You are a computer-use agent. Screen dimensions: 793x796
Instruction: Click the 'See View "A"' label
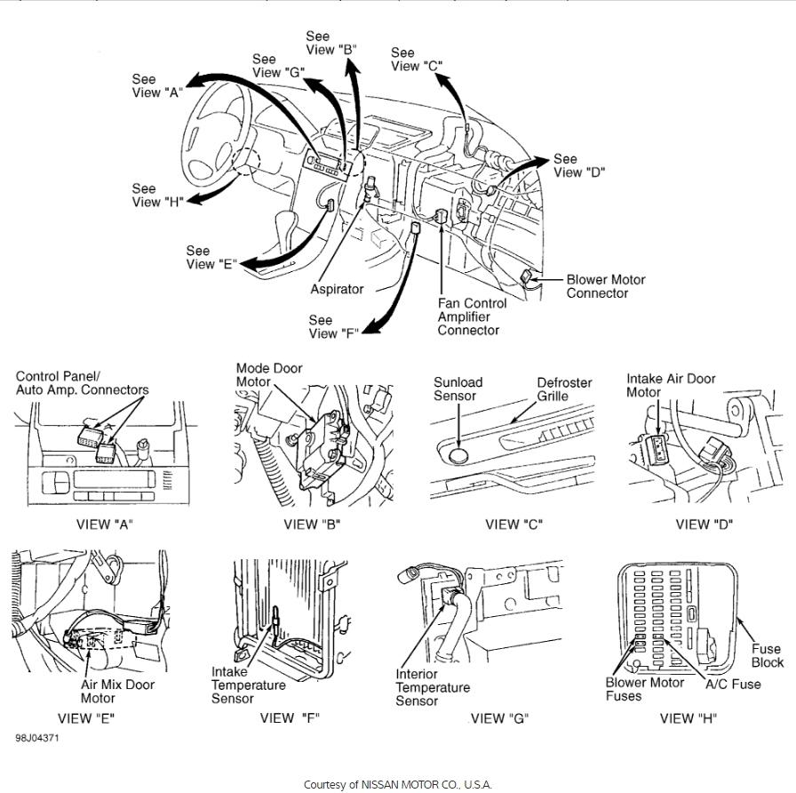pyautogui.click(x=156, y=85)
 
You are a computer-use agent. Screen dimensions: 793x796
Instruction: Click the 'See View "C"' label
pyautogui.click(x=416, y=60)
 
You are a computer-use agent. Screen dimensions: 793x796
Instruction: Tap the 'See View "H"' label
pyautogui.click(x=157, y=195)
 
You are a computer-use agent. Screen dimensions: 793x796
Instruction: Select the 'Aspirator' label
pyautogui.click(x=337, y=289)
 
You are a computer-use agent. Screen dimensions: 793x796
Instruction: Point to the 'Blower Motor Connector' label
pyautogui.click(x=606, y=286)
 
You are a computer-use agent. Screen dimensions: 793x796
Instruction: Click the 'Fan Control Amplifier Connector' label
pyautogui.click(x=473, y=316)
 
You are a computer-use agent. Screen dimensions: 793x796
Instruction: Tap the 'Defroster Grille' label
pyautogui.click(x=564, y=389)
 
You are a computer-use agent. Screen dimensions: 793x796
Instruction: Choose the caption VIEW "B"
pyautogui.click(x=312, y=525)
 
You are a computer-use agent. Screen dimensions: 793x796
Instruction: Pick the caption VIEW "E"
pyautogui.click(x=86, y=718)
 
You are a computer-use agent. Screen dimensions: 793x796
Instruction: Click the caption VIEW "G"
pyautogui.click(x=499, y=718)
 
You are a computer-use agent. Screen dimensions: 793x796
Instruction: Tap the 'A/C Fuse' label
pyautogui.click(x=733, y=685)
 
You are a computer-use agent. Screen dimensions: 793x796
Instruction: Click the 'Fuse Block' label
pyautogui.click(x=767, y=655)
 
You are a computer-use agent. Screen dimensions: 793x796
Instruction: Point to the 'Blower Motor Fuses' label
pyautogui.click(x=645, y=689)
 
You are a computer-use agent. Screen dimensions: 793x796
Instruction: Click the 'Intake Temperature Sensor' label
pyautogui.click(x=249, y=685)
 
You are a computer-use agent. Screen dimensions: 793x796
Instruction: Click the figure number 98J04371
pyautogui.click(x=37, y=738)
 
